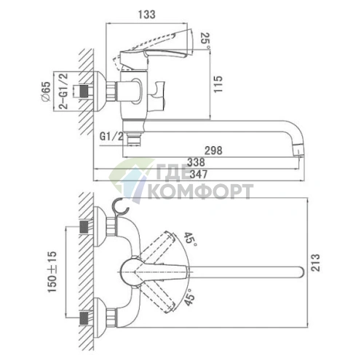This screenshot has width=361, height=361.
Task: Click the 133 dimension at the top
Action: click(146, 15)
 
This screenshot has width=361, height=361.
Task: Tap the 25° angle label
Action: click(205, 39)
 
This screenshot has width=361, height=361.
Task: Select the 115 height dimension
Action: click(218, 84)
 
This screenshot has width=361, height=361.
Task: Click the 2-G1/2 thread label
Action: click(63, 91)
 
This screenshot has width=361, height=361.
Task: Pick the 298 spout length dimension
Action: click(213, 151)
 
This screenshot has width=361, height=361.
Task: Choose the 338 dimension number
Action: click(196, 162)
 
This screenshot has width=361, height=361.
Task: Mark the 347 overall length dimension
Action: click(199, 174)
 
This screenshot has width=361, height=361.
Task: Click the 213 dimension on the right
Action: click(315, 263)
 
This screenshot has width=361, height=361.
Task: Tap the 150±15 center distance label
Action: click(52, 272)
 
